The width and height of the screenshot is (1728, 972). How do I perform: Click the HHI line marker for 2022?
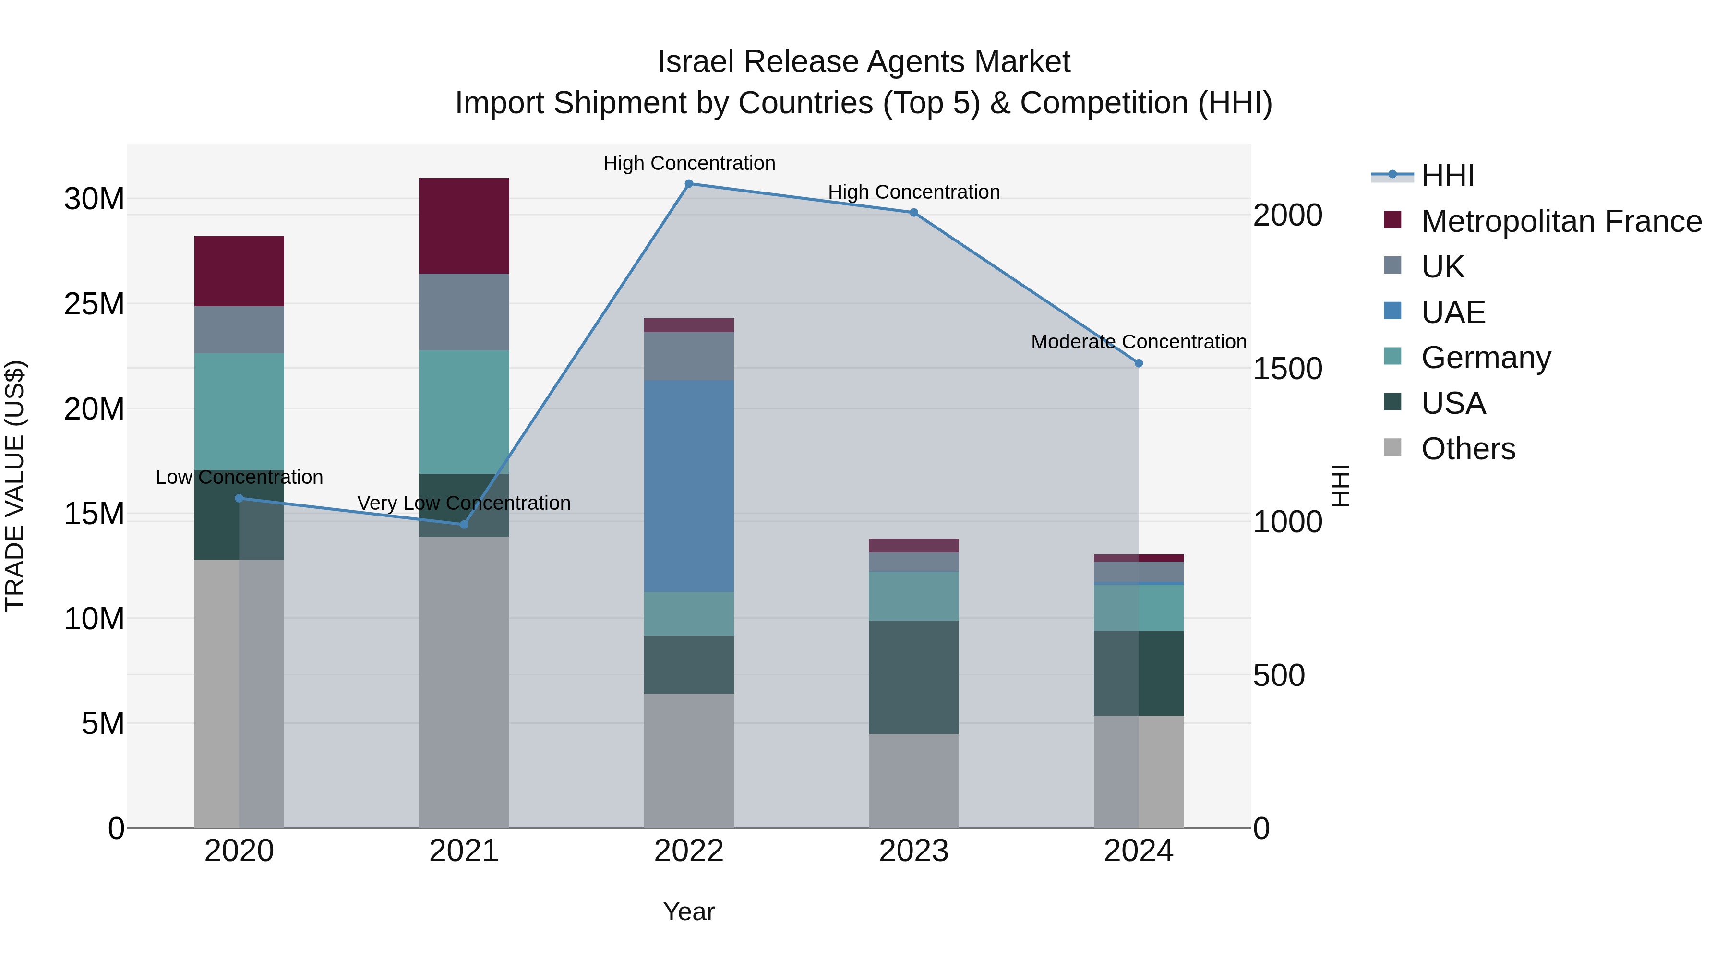coord(689,184)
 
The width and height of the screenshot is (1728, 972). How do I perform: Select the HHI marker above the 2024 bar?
coord(1139,363)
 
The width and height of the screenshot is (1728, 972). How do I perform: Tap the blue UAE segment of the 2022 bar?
coord(689,486)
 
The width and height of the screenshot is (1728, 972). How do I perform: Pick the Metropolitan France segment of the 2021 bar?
coord(464,226)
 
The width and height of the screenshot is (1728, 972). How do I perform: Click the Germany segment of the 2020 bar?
coord(239,411)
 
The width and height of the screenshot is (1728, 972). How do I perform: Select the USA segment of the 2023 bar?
coord(913,677)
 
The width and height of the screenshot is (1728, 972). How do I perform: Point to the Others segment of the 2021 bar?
coord(464,682)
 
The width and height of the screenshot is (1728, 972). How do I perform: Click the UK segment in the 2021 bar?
coord(464,312)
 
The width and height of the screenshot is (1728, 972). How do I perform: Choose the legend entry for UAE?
coord(1453,312)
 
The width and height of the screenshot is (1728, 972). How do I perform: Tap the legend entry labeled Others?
coord(1468,449)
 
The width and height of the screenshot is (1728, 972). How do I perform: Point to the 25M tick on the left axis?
coord(94,304)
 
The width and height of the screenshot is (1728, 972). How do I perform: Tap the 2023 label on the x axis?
coord(913,852)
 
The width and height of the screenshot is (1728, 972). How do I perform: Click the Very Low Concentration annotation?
coord(464,503)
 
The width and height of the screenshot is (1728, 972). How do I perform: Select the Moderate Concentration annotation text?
coord(1139,342)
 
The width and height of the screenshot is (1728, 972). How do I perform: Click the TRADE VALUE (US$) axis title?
coord(15,486)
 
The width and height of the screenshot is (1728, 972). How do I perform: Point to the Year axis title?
coord(689,912)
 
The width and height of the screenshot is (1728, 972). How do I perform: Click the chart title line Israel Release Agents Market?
coord(864,62)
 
